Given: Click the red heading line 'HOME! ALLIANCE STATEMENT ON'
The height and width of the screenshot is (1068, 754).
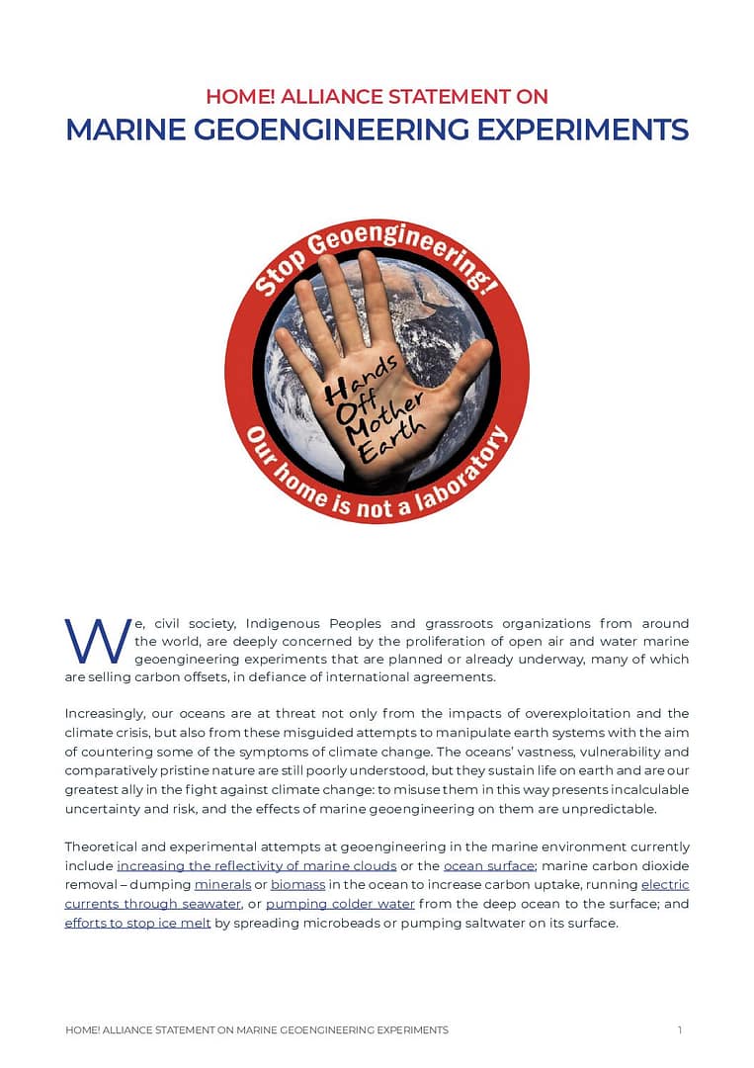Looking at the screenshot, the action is point(377,97).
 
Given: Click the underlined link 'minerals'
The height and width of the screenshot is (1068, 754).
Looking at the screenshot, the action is point(222,885).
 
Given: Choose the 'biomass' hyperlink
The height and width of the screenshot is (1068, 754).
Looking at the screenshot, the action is point(297,885).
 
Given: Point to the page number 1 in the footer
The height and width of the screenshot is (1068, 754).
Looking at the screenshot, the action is point(680,1029).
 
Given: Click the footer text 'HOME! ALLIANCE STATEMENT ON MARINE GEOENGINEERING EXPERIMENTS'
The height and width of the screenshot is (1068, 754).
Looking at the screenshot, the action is point(257,1029).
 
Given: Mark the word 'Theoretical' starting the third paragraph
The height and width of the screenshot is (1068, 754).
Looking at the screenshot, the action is point(106,847).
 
